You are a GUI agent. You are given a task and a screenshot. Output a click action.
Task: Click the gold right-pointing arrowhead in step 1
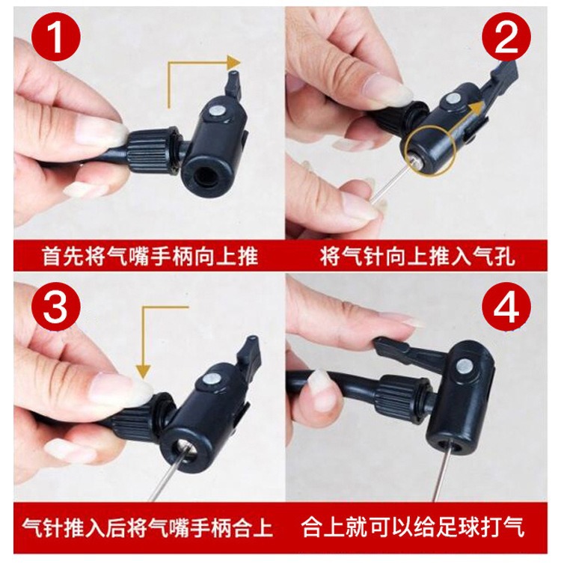[x=235, y=62]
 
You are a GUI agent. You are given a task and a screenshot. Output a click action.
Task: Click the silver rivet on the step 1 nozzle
[x=216, y=110]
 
